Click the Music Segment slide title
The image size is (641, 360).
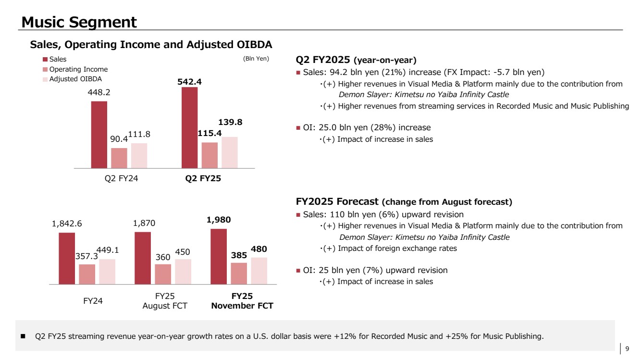pyautogui.click(x=79, y=22)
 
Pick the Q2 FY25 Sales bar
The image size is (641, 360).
pyautogui.click(x=190, y=128)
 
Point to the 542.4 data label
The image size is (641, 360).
pyautogui.click(x=189, y=82)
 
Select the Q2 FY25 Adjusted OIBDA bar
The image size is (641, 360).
pyautogui.click(x=230, y=152)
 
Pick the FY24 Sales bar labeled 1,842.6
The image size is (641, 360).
pyautogui.click(x=67, y=259)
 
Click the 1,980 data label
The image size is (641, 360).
pyautogui.click(x=218, y=220)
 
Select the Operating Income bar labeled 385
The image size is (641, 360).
pyautogui.click(x=239, y=273)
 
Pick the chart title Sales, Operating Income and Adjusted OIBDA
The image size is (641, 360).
pyautogui.click(x=151, y=45)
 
